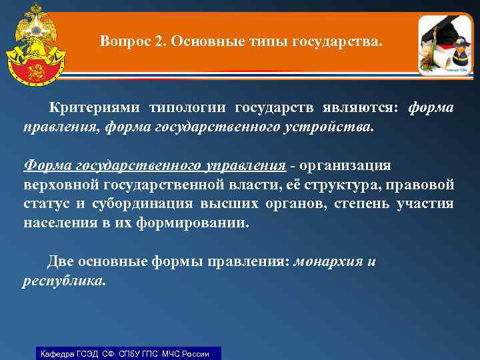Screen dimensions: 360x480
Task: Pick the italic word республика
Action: [x=63, y=281]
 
